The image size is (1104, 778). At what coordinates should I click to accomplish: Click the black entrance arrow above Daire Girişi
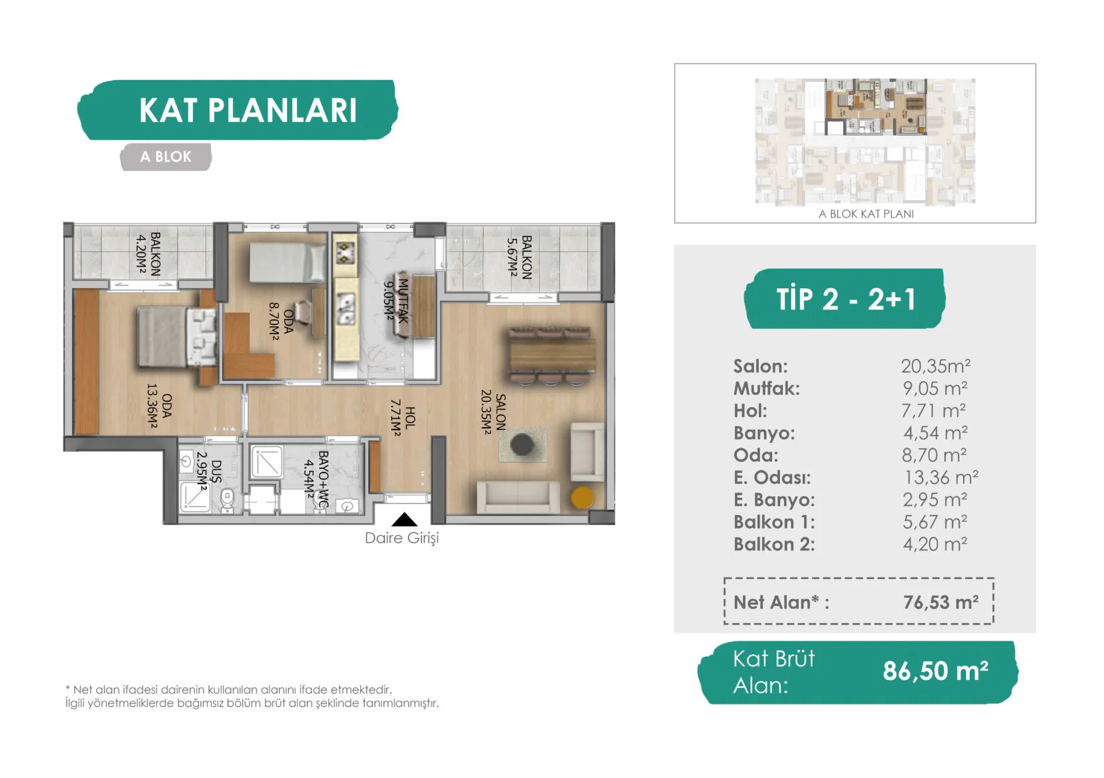(x=404, y=519)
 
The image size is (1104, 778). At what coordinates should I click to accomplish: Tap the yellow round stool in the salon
(x=582, y=498)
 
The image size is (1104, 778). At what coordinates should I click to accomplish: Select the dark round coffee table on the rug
(x=522, y=444)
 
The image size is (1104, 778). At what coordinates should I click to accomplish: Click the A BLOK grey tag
(x=166, y=157)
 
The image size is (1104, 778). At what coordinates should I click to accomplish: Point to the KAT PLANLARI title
(x=248, y=110)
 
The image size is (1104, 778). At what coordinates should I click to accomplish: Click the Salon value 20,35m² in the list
(x=935, y=366)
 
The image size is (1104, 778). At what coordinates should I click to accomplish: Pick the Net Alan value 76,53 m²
(x=941, y=602)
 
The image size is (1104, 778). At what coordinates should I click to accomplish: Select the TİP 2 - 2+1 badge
(x=845, y=298)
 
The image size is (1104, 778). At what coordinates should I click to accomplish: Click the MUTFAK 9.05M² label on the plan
(x=396, y=301)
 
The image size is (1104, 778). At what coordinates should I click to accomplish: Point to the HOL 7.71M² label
(x=402, y=417)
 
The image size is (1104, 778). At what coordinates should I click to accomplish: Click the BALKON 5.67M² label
(x=519, y=257)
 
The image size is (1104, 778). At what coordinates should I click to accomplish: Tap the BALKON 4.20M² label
(x=148, y=254)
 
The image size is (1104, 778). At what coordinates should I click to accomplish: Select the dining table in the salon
(x=552, y=355)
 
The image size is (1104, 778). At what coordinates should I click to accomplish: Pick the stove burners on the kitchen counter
(x=346, y=252)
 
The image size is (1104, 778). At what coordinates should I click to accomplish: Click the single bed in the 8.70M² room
(x=287, y=264)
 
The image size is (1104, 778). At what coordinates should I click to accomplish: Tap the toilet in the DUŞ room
(x=227, y=500)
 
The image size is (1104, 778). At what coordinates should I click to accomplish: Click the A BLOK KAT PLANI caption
(x=866, y=214)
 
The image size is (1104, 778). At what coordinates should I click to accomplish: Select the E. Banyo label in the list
(x=774, y=500)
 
